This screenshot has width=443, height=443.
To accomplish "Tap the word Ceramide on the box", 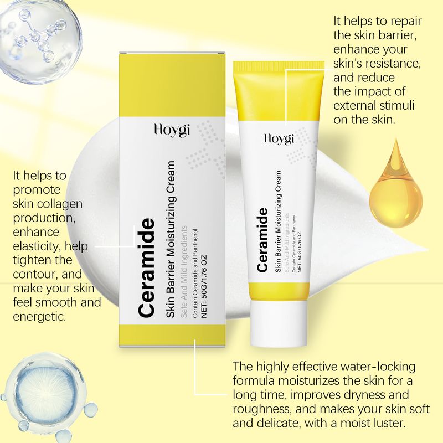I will pyautogui.click(x=145, y=267).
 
